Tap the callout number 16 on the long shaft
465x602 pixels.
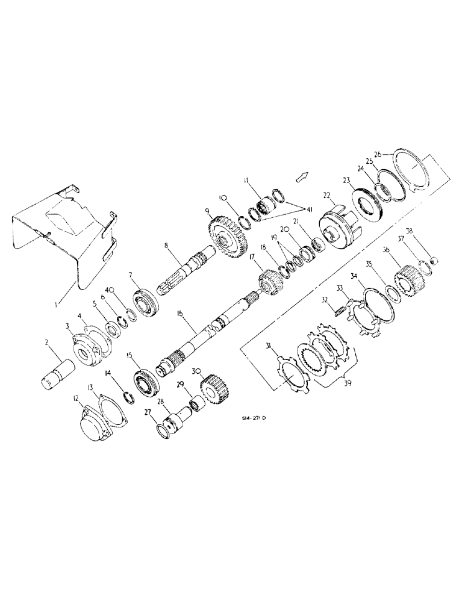(x=179, y=314)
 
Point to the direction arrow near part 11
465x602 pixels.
(x=301, y=176)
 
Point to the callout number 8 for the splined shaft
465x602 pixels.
(x=169, y=246)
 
